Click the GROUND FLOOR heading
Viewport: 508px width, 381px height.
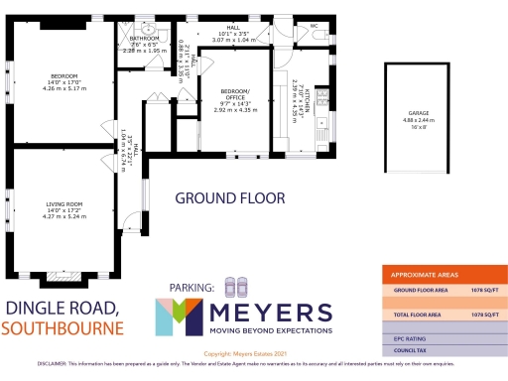tap(223, 198)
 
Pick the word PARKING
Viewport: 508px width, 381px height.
tap(191, 288)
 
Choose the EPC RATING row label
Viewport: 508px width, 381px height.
tap(410, 338)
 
